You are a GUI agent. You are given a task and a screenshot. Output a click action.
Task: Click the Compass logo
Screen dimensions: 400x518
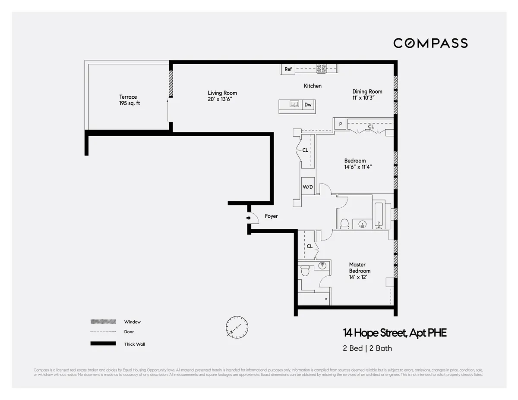pos(430,43)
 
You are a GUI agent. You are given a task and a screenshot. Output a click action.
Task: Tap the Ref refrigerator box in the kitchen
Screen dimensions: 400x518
pos(288,69)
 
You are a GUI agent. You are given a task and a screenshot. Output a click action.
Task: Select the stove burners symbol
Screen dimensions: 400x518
pos(321,69)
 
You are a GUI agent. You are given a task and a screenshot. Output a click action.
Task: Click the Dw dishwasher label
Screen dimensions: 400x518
pos(308,105)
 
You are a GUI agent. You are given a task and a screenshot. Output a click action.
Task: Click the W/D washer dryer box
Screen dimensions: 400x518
pos(308,187)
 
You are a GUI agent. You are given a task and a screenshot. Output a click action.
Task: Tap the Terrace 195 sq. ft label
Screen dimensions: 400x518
pos(128,100)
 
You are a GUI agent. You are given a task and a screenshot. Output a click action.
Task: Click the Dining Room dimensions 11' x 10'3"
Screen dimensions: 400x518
pos(367,98)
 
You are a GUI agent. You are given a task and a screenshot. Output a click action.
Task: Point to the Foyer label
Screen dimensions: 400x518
pos(271,216)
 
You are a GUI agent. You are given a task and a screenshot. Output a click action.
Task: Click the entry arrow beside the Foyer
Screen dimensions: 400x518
pos(249,218)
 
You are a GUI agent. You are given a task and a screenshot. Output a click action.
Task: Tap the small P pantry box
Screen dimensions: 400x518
pos(340,124)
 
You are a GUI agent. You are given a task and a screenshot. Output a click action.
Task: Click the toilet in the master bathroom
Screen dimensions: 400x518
pos(305,271)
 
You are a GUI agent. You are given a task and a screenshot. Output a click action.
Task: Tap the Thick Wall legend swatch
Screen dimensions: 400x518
pos(103,344)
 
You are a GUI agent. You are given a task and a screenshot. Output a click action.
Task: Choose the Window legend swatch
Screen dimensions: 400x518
pos(103,322)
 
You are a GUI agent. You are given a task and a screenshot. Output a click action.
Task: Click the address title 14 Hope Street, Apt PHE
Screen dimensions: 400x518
pos(395,333)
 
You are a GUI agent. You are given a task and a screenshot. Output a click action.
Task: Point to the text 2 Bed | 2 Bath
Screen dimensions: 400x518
pos(367,348)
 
